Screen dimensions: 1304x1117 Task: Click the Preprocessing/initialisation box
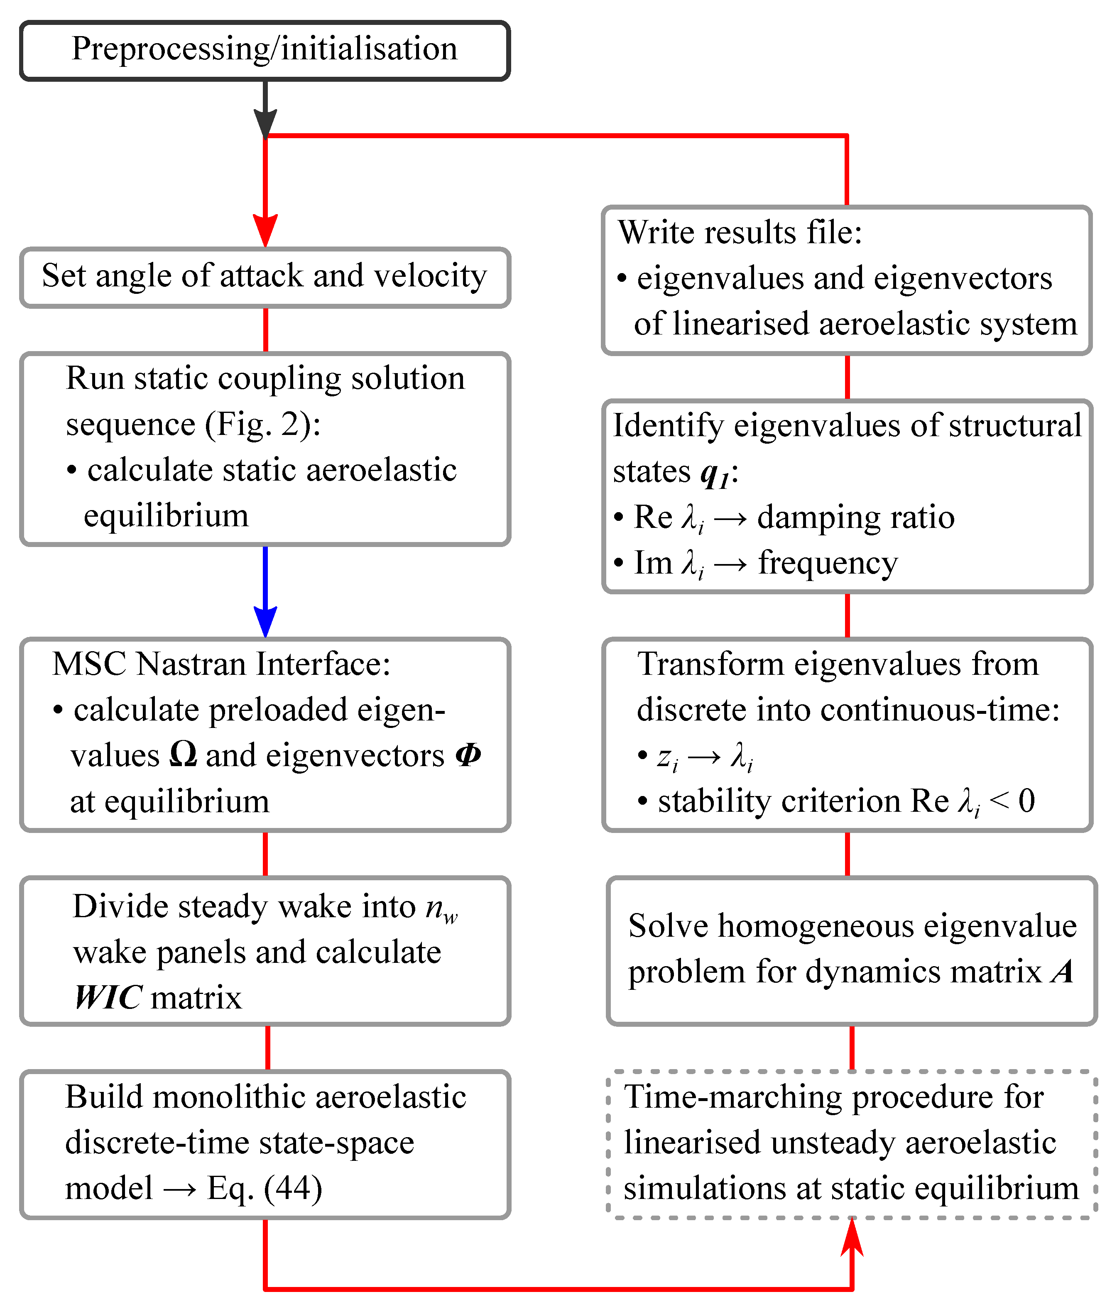[x=265, y=50]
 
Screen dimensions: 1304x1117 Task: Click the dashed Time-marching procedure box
[x=852, y=1144]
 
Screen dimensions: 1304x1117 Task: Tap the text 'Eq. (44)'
[x=265, y=1188]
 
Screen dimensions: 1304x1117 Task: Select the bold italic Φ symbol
[x=468, y=754]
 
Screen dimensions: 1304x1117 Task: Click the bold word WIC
[x=108, y=998]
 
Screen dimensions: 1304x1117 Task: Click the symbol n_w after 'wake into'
[x=441, y=908]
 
